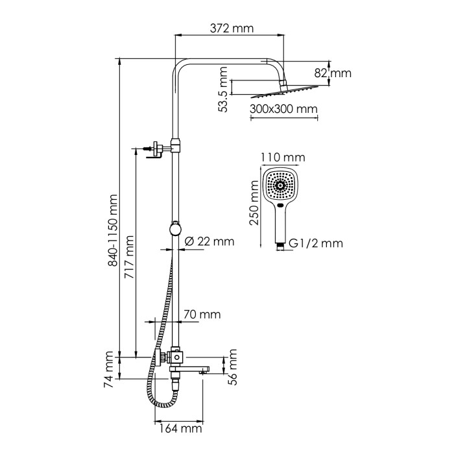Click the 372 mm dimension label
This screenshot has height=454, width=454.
click(232, 29)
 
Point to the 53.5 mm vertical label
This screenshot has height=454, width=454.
click(223, 90)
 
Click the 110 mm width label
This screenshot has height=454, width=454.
click(281, 158)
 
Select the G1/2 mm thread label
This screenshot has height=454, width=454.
click(315, 244)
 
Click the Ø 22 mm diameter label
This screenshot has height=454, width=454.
click(209, 242)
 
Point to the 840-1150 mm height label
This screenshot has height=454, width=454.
click(115, 231)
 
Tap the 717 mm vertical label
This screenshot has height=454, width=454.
click(129, 257)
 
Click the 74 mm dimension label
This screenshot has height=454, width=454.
click(110, 368)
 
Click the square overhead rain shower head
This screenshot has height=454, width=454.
click(283, 91)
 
